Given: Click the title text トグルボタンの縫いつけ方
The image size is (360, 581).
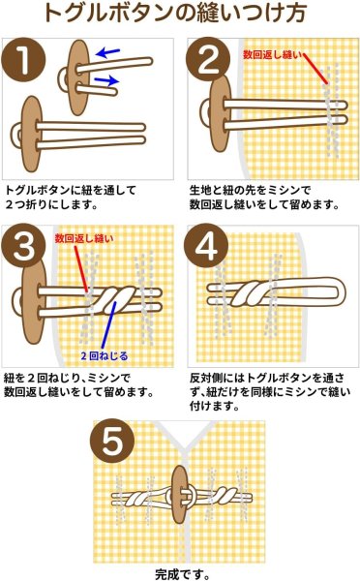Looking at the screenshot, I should [179, 15].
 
